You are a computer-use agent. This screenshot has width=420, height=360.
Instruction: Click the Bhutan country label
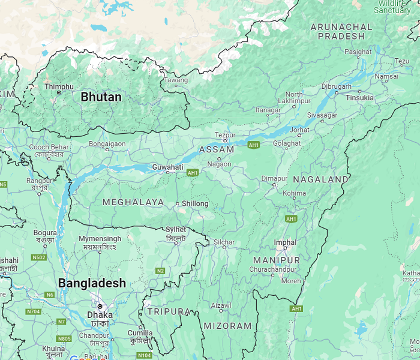(x=101, y=97)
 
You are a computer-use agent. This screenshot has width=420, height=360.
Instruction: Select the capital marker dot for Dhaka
(x=100, y=306)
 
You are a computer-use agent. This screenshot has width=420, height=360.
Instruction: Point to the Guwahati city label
(x=167, y=166)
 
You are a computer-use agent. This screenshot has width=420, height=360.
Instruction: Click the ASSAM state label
(x=217, y=149)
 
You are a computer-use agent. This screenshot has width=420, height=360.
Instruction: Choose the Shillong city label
(x=195, y=203)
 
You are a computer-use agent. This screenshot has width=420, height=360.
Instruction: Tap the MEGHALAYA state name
(x=133, y=202)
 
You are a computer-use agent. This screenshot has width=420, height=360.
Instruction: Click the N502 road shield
(x=39, y=257)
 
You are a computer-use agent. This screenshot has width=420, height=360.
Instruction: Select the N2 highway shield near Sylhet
(x=160, y=271)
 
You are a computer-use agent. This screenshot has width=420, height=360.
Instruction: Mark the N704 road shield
(x=33, y=311)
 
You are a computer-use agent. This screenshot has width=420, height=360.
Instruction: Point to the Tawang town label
(x=176, y=80)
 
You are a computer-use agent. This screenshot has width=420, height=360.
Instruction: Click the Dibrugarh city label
(x=337, y=86)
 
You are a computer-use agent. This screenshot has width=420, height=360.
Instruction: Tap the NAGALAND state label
(x=320, y=179)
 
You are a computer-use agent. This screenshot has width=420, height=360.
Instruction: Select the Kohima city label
(x=294, y=194)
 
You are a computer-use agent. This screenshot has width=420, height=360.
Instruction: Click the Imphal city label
(x=285, y=242)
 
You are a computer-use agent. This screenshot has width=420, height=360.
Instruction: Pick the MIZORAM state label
(x=227, y=326)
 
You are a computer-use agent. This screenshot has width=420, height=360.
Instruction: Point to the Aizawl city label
(x=221, y=305)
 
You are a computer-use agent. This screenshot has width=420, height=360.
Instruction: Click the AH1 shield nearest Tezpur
(x=253, y=145)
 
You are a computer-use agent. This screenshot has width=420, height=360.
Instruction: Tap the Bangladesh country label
(x=92, y=283)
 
